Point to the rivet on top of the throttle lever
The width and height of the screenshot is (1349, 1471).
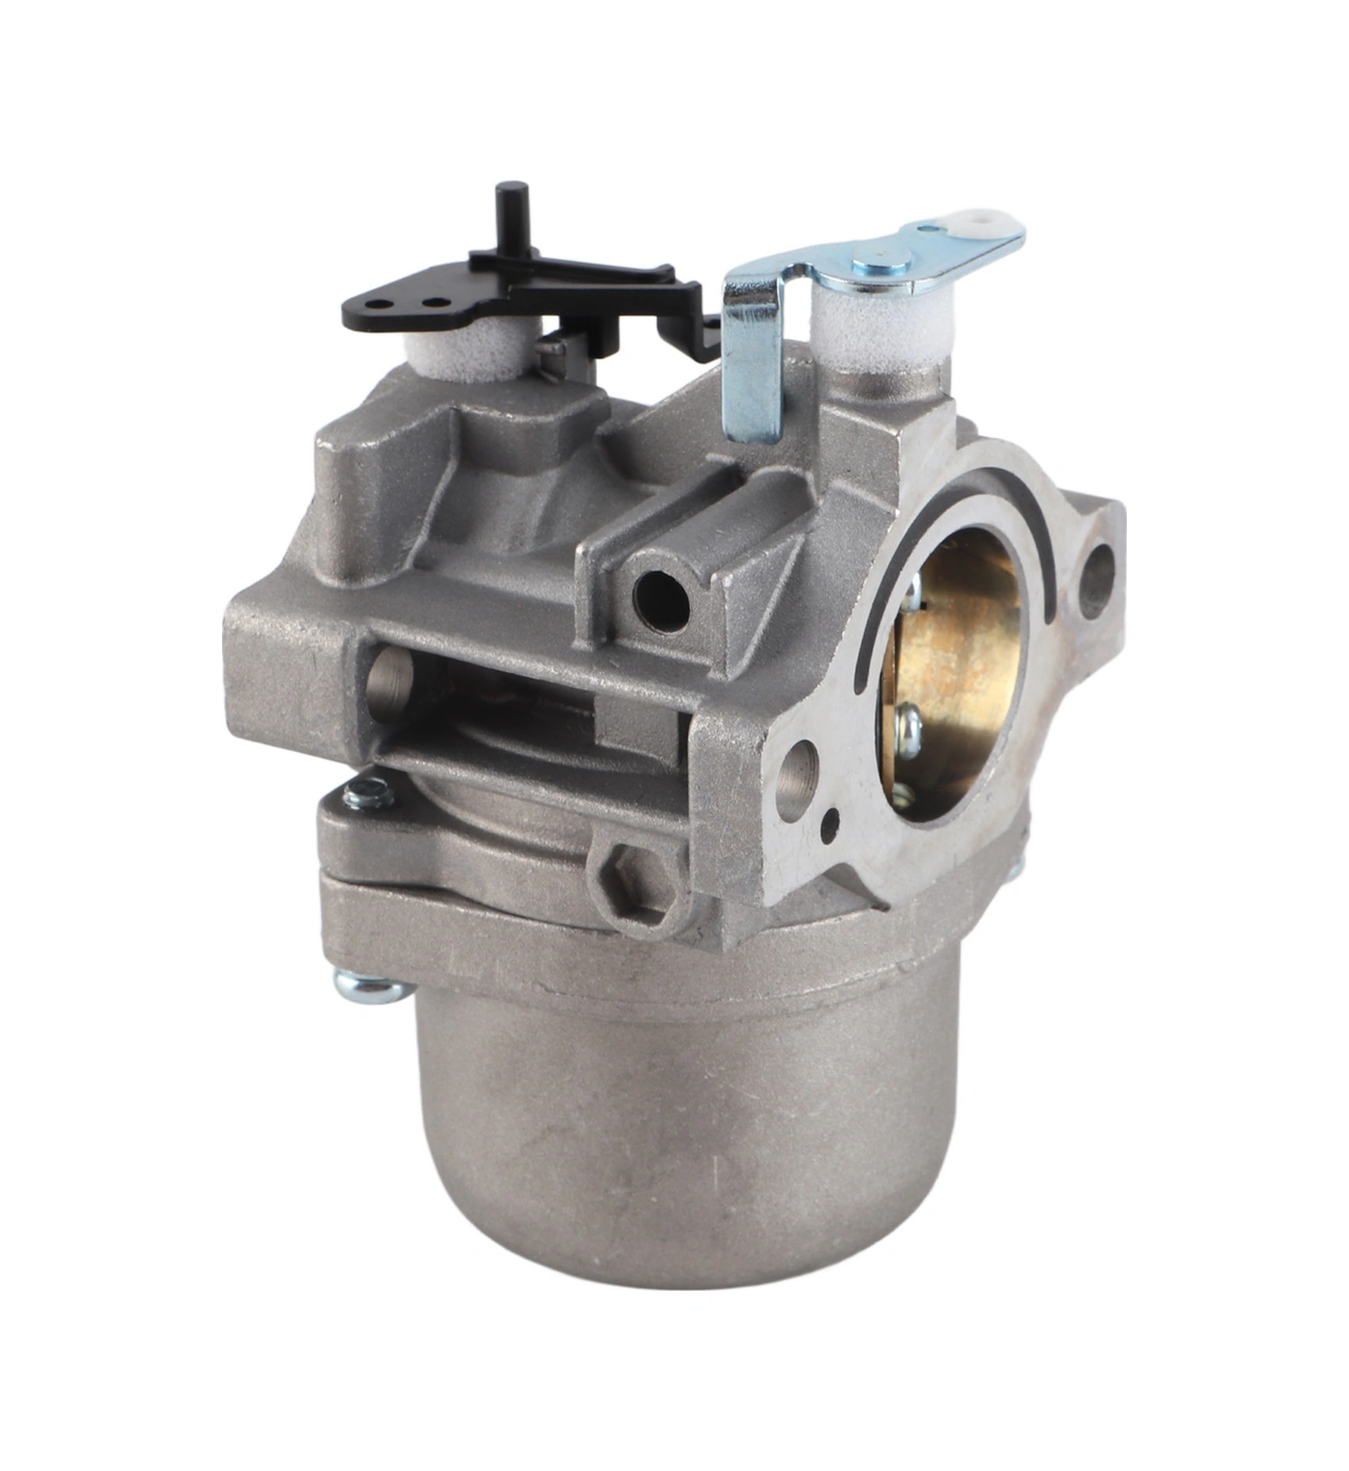[881, 258]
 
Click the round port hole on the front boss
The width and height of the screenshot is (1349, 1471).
[660, 599]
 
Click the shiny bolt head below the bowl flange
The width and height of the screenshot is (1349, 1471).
[370, 988]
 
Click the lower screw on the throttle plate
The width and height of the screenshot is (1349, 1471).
[907, 725]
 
